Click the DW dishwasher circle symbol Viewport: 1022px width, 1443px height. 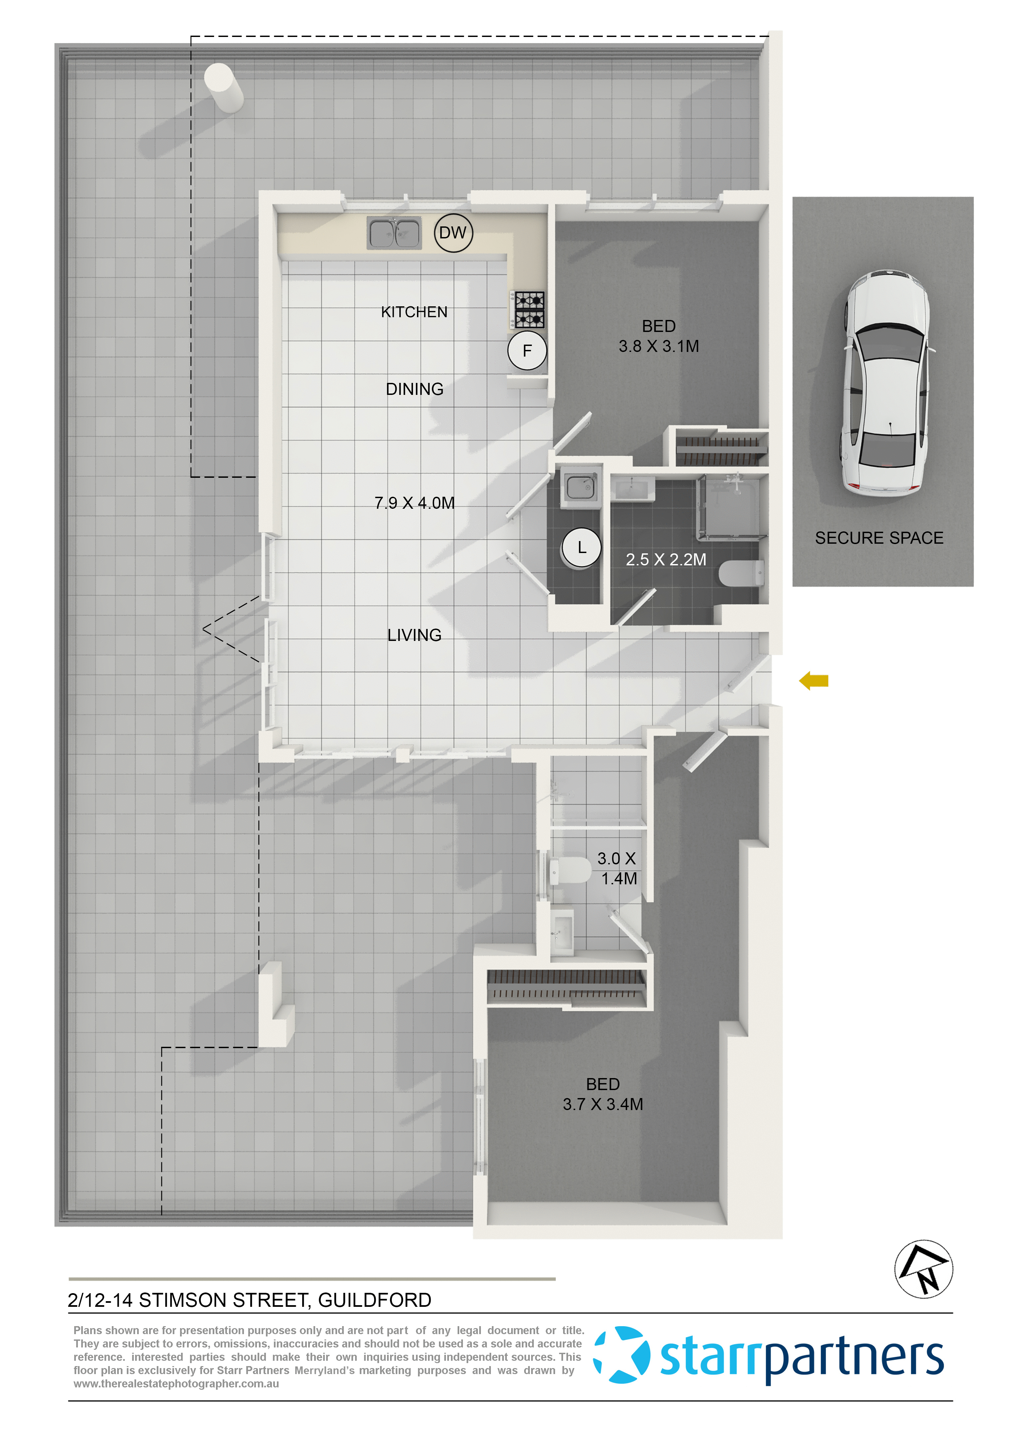[453, 233]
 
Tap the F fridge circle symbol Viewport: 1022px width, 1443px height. [527, 351]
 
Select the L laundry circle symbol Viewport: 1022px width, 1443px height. [581, 548]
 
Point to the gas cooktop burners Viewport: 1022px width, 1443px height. [528, 310]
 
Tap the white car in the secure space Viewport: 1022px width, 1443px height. [886, 384]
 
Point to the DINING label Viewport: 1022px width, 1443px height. [414, 389]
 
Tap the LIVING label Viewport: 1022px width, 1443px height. [414, 635]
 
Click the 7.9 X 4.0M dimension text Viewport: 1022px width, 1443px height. [414, 503]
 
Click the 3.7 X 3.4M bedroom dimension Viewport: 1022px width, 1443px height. [603, 1104]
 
